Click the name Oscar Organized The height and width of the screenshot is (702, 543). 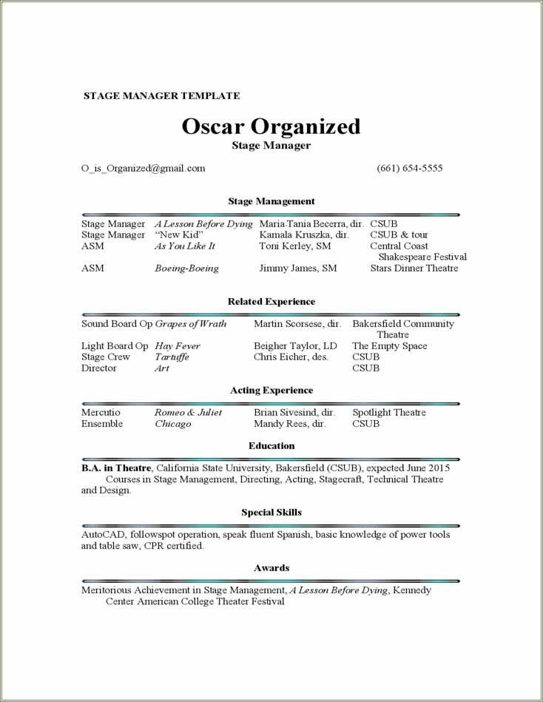271,126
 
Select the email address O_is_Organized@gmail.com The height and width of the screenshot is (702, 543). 144,168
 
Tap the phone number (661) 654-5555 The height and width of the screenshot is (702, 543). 410,168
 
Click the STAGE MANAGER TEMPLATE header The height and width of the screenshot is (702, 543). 161,95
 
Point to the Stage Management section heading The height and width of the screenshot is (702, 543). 271,201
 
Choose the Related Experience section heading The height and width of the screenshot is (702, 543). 271,302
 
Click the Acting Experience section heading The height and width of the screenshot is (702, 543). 271,391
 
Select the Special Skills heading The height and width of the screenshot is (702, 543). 271,513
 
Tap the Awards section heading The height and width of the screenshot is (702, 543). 271,568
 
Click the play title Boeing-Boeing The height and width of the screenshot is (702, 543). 186,269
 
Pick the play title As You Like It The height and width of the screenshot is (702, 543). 185,246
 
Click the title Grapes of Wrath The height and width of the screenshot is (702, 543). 191,324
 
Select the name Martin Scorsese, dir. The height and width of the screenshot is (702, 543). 297,324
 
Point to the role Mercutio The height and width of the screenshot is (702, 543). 101,413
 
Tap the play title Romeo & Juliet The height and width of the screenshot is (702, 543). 188,413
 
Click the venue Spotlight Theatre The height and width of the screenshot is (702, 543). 389,413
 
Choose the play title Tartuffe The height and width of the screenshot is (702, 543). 172,357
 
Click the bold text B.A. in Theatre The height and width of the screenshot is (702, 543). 116,468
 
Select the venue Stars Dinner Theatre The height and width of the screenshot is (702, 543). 414,269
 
